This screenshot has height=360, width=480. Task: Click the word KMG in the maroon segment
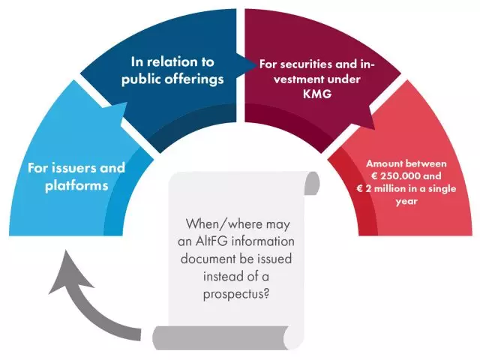pyautogui.click(x=317, y=94)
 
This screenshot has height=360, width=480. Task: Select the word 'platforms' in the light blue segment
pyautogui.click(x=76, y=186)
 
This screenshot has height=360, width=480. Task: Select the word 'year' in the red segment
pyautogui.click(x=406, y=202)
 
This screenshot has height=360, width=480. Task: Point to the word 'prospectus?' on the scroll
pyautogui.click(x=236, y=295)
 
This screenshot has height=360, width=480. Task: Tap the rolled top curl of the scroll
pyautogui.click(x=312, y=183)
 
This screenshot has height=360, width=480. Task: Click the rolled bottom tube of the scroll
pyautogui.click(x=221, y=338)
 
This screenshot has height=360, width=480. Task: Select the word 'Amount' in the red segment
pyautogui.click(x=380, y=163)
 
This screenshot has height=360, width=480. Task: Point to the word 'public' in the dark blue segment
pyautogui.click(x=142, y=79)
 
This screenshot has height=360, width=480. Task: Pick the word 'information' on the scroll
pyautogui.click(x=263, y=241)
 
